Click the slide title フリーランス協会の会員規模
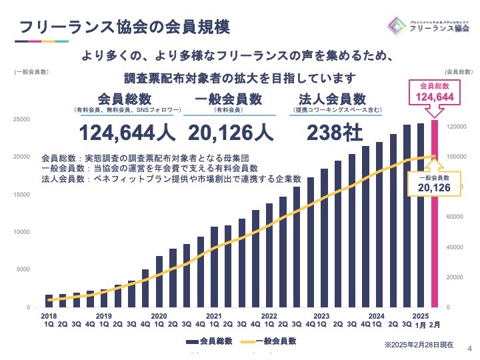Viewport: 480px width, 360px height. point(125,28)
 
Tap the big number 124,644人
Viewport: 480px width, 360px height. point(128,133)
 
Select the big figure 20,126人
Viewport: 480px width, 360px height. point(231,133)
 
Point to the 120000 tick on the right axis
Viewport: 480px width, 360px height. point(455,126)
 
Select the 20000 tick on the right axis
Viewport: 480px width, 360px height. point(453,277)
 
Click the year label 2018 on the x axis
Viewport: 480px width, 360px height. point(49,316)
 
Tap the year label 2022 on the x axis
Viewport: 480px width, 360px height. point(269,316)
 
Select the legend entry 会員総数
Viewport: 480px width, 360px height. point(208,341)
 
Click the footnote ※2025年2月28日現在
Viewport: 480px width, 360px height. point(419,345)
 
